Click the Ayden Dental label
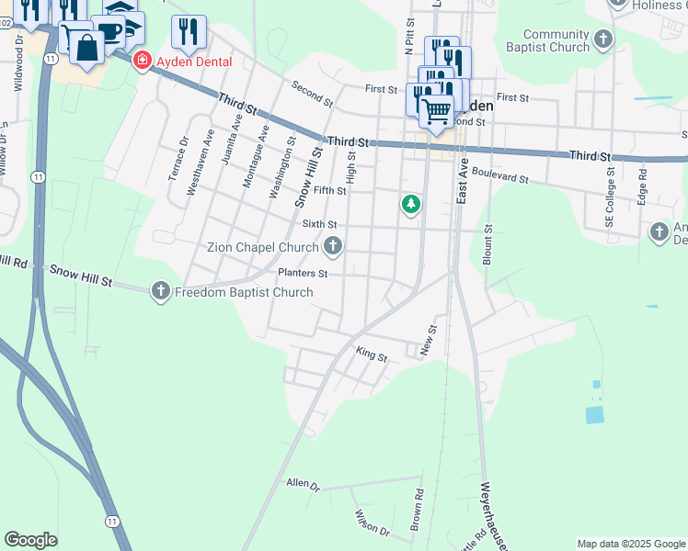[192, 62]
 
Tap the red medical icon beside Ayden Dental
[142, 62]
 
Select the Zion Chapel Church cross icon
[332, 246]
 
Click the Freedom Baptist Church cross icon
[161, 292]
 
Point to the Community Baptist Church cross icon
[603, 39]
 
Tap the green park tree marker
[411, 203]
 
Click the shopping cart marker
[436, 111]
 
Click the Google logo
[30, 540]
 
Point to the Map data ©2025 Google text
[631, 544]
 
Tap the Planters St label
[303, 273]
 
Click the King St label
[372, 353]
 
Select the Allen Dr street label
[302, 483]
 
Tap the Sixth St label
[319, 223]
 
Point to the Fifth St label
[328, 191]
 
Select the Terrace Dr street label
[177, 158]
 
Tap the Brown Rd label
[417, 506]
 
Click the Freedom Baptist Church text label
[244, 292]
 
